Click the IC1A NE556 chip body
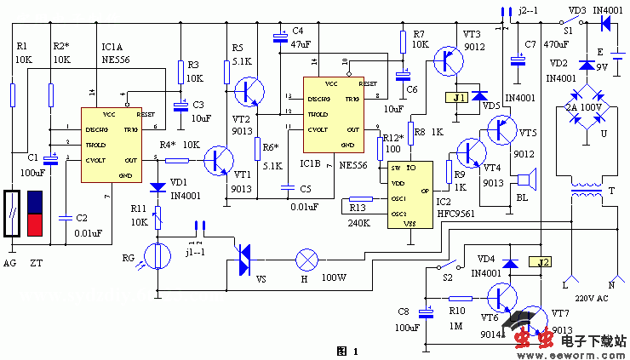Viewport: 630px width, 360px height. pyautogui.click(x=110, y=145)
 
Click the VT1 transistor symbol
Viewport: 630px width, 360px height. pyautogui.click(x=223, y=160)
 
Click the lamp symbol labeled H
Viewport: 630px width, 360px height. pyautogui.click(x=305, y=258)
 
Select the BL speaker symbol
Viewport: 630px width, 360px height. pyautogui.click(x=527, y=180)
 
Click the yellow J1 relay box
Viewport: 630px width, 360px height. pyautogui.click(x=455, y=99)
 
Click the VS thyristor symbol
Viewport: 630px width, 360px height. pyautogui.click(x=243, y=259)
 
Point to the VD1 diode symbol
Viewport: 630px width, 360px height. pyautogui.click(x=157, y=186)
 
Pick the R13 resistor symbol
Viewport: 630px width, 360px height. pyautogui.click(x=361, y=202)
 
